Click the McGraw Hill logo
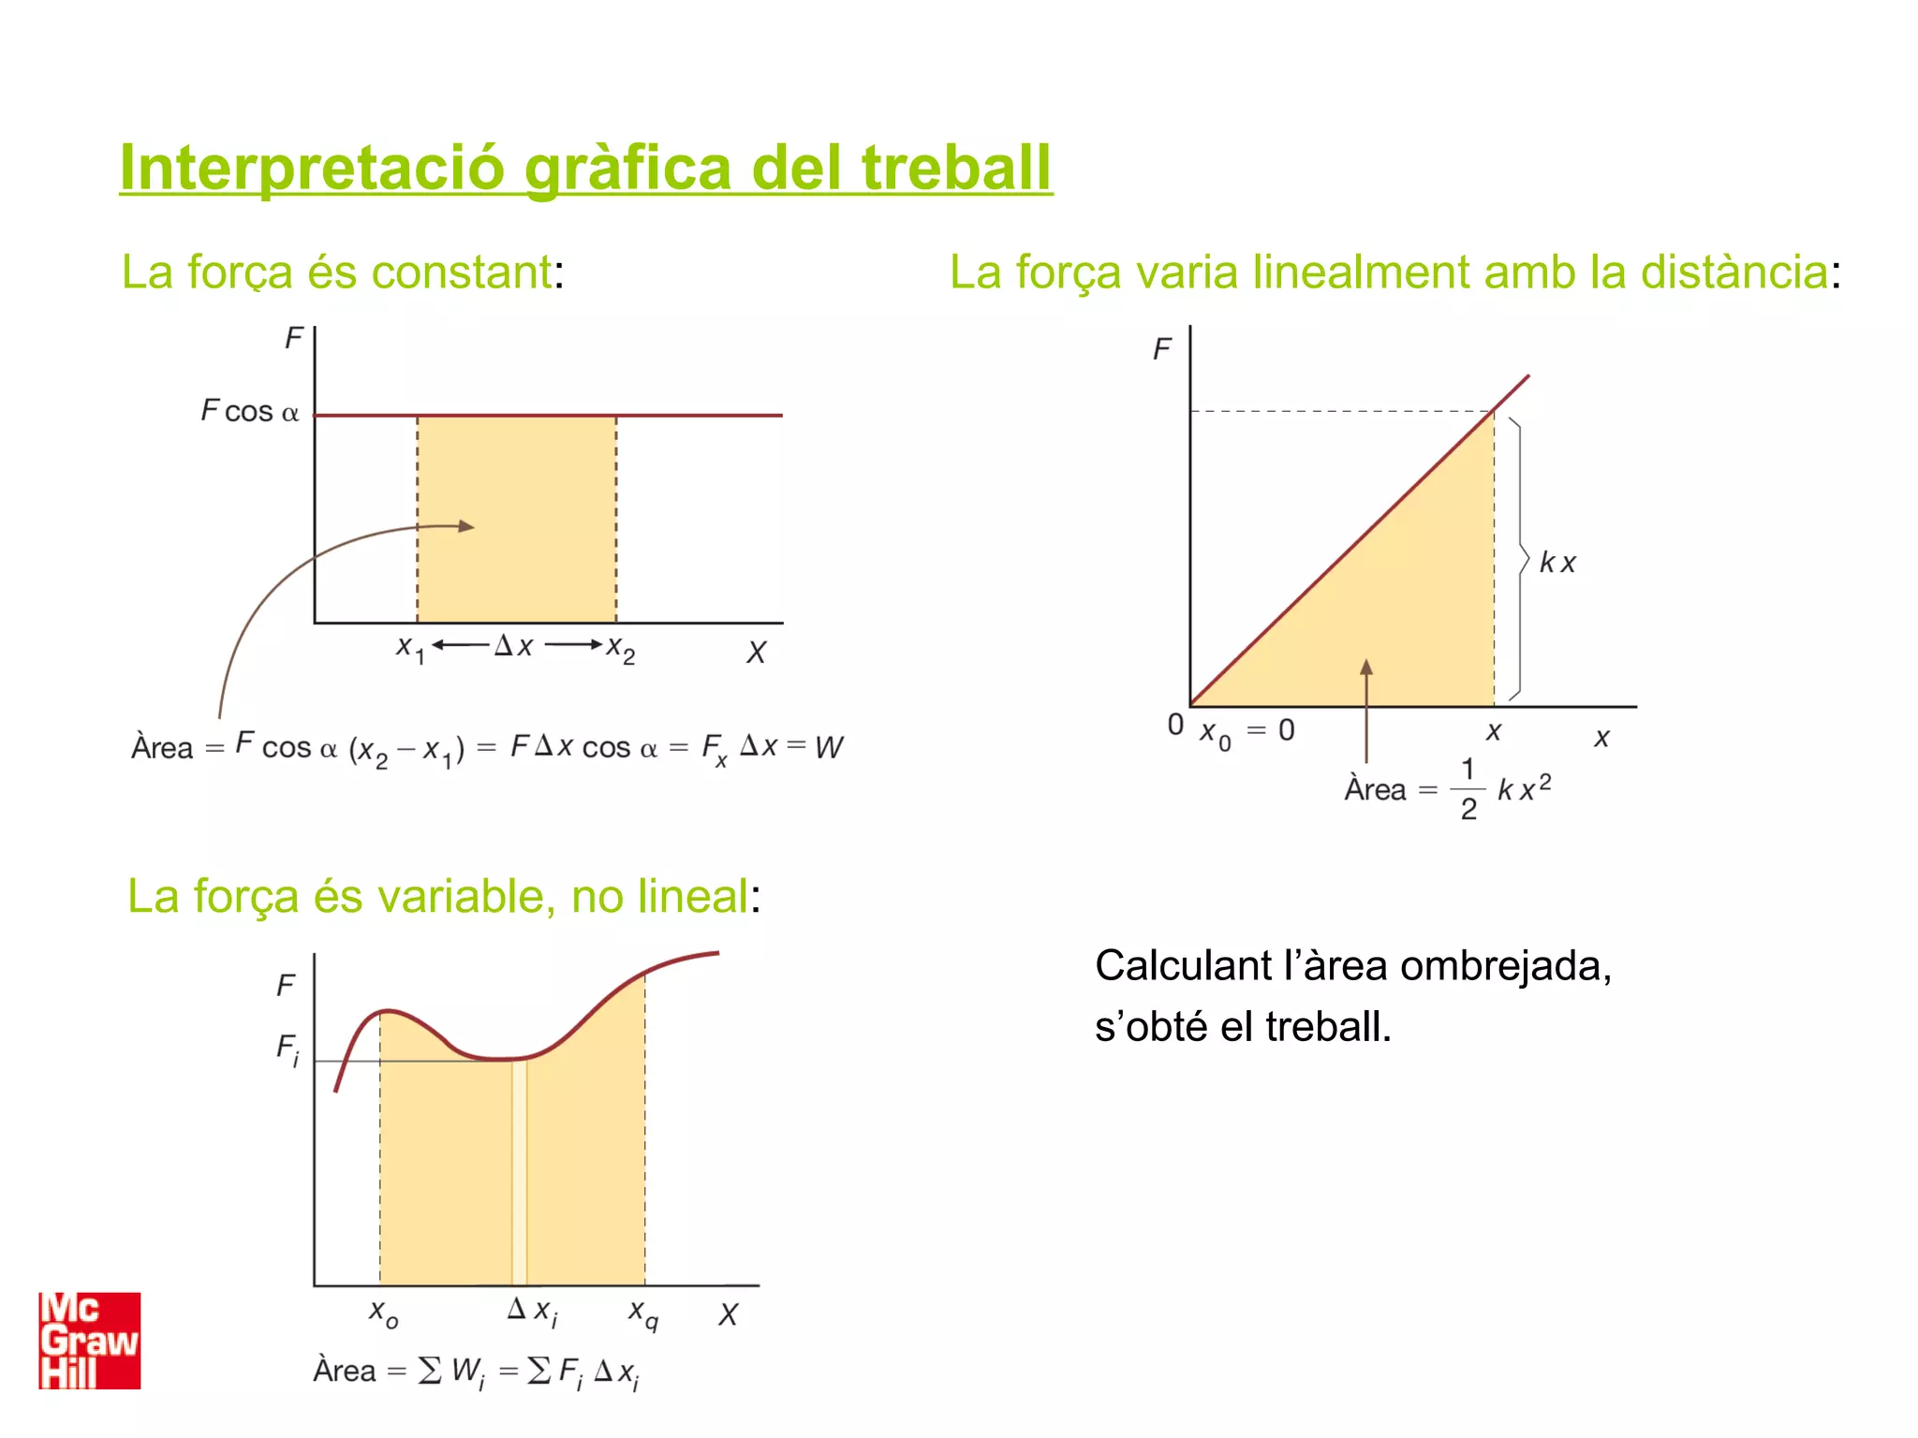point(89,1341)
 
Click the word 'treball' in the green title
point(956,168)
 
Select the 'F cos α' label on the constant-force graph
point(250,411)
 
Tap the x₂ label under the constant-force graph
point(620,648)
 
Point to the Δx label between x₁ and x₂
point(514,646)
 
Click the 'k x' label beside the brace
point(1557,563)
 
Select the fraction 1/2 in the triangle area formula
point(1468,789)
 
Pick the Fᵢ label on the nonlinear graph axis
point(288,1049)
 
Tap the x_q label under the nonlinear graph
point(642,1313)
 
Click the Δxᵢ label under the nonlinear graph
point(532,1311)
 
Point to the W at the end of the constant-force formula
point(829,747)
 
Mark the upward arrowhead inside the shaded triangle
point(1366,668)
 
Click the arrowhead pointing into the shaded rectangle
point(466,526)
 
